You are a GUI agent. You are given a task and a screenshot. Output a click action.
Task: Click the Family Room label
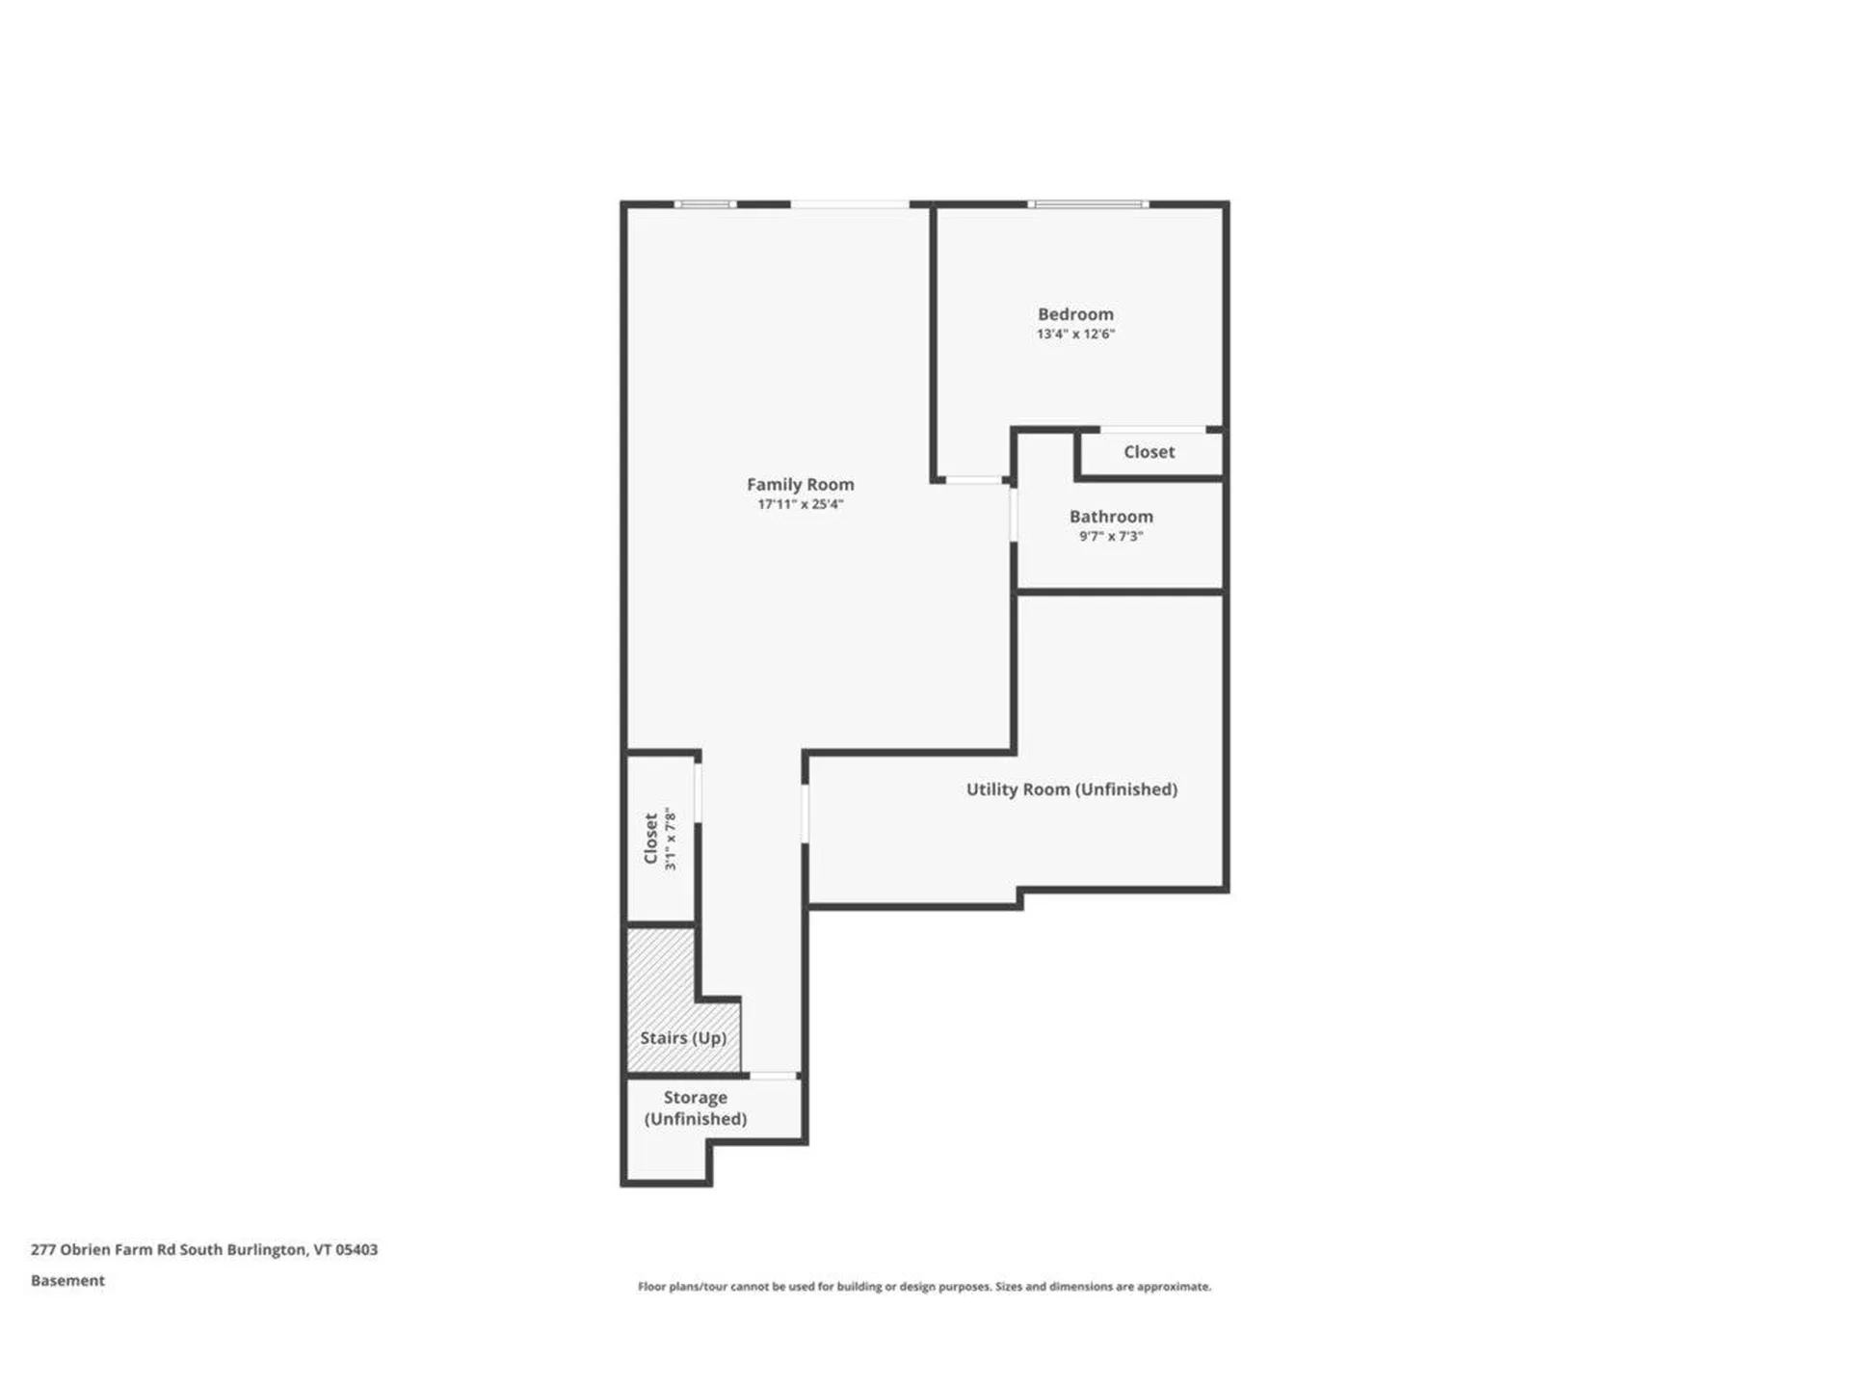(800, 484)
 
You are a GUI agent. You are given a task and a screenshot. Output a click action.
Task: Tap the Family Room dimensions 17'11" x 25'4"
(800, 504)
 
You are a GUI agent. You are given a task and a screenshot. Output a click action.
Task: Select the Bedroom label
(1075, 314)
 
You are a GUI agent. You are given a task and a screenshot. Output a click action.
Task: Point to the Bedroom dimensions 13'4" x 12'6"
(1075, 334)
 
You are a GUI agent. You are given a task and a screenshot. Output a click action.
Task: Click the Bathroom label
(1111, 517)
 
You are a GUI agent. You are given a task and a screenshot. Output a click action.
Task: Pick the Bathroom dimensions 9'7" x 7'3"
(1111, 537)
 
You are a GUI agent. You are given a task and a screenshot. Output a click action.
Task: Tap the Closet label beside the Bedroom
(1149, 452)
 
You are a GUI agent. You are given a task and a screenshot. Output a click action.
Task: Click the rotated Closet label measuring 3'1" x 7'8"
(651, 839)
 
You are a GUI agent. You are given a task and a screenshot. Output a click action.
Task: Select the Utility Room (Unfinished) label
(1071, 789)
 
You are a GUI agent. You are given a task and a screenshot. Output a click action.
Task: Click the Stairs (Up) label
(683, 1038)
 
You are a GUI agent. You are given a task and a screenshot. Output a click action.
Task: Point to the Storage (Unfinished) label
(695, 1108)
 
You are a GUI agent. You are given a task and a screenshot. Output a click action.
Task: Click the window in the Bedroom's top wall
(1088, 204)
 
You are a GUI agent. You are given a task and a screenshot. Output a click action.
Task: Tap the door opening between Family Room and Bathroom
(1014, 515)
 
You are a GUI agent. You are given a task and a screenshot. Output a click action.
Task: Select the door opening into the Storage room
(774, 1076)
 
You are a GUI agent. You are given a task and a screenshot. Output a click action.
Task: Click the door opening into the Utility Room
(805, 814)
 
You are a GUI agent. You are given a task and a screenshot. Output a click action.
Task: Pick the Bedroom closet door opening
(1152, 429)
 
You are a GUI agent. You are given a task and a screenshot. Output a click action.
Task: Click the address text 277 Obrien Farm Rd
(204, 1250)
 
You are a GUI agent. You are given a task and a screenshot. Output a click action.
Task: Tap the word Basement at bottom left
(67, 1281)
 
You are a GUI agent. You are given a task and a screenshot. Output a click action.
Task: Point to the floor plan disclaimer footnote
(924, 1287)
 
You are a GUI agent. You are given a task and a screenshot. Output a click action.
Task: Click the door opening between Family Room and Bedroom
(973, 480)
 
